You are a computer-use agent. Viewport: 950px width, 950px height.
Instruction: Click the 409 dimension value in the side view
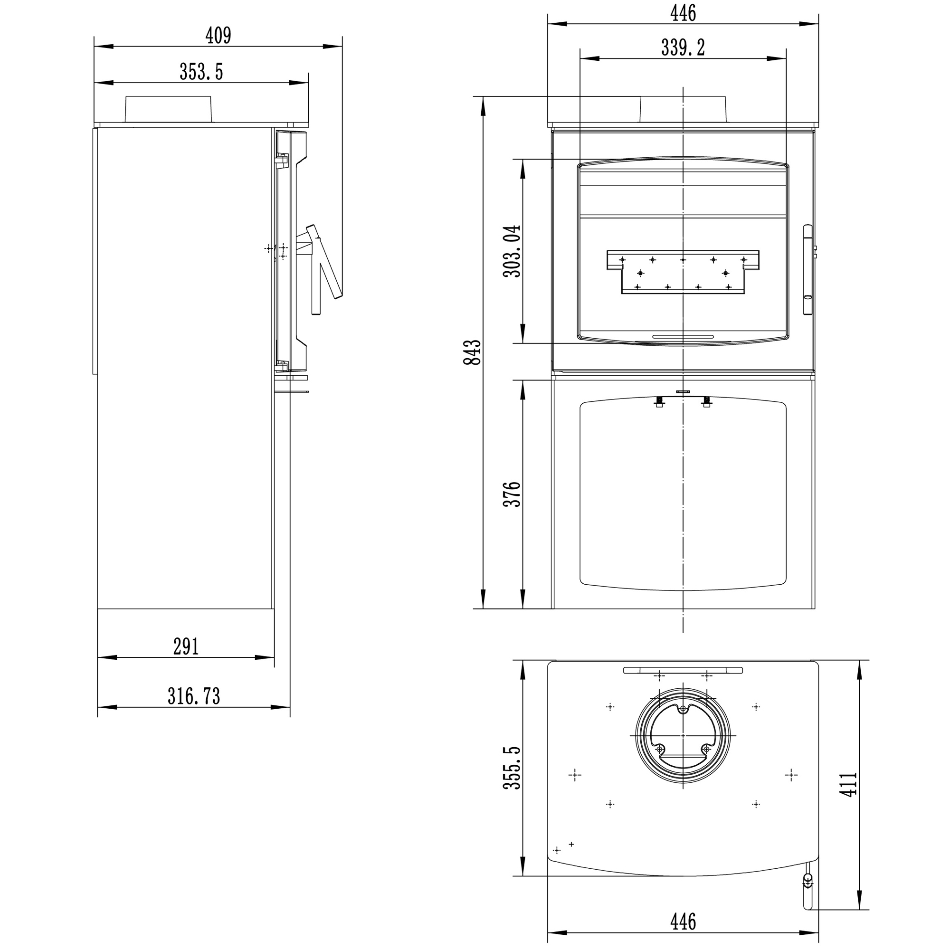[x=218, y=36]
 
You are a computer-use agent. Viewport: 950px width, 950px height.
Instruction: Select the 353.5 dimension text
[x=201, y=72]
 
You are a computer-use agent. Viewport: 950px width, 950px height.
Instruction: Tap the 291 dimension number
[x=186, y=646]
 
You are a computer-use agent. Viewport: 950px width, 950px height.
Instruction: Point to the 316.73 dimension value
[x=194, y=696]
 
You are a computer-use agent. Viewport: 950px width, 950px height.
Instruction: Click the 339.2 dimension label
[x=683, y=47]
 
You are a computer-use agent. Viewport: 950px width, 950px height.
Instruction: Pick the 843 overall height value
[x=473, y=352]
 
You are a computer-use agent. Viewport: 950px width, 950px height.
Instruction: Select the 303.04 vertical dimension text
[x=512, y=251]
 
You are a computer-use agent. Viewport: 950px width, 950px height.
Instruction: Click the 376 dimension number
[x=512, y=494]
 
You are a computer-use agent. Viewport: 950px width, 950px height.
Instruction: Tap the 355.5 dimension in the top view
[x=512, y=768]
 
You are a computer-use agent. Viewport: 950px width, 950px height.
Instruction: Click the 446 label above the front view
[x=683, y=13]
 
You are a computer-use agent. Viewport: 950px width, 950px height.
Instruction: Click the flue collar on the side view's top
[x=169, y=109]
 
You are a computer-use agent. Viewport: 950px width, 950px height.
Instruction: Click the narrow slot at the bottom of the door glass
[x=683, y=337]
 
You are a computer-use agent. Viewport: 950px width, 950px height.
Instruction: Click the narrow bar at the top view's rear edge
[x=683, y=670]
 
